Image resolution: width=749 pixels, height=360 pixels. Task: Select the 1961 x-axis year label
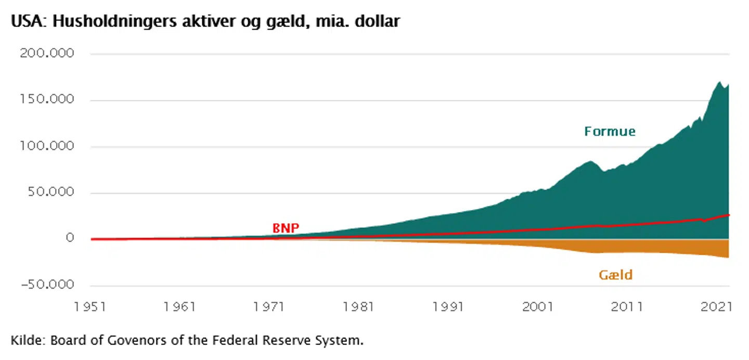[180, 306]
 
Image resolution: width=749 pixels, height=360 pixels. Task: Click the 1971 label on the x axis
[269, 306]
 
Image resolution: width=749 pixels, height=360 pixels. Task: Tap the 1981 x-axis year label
[359, 306]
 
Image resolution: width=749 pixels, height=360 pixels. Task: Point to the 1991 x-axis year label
[448, 306]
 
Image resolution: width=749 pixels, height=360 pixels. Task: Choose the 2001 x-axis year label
[538, 306]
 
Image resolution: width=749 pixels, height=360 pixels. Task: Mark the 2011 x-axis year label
[627, 306]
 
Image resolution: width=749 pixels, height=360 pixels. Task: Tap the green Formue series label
[610, 131]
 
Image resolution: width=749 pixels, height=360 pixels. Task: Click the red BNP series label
[286, 227]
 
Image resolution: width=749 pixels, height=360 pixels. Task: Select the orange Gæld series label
[616, 275]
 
